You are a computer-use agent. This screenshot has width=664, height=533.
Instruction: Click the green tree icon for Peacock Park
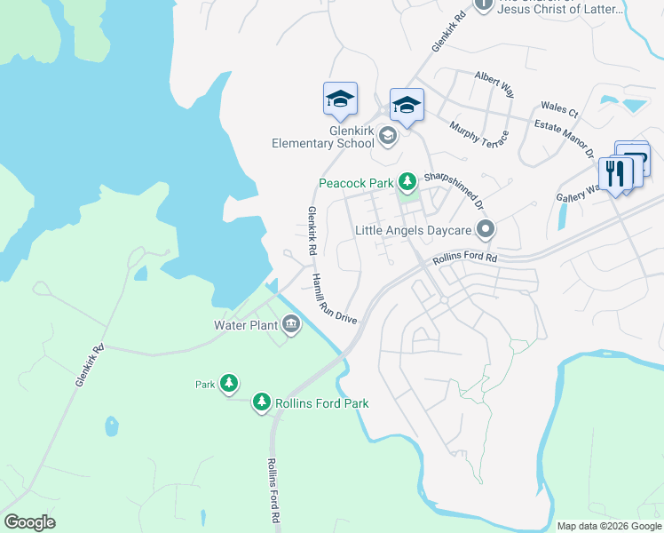point(407,183)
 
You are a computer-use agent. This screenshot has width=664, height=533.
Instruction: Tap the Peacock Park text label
point(356,184)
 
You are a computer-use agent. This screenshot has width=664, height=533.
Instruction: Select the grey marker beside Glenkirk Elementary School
point(387,136)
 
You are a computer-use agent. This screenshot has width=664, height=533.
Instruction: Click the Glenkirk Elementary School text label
point(323,136)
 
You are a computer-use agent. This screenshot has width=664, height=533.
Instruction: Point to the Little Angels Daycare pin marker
point(485,230)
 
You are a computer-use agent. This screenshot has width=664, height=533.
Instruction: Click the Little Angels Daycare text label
point(413,230)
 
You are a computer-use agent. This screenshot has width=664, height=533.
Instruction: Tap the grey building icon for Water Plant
point(291,325)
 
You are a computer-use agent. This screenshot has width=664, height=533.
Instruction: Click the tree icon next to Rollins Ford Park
point(261,403)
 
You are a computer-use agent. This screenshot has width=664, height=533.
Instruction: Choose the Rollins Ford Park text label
point(321,403)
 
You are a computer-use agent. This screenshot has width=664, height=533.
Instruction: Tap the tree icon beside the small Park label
point(229,384)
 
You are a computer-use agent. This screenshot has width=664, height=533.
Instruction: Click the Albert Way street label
point(494,84)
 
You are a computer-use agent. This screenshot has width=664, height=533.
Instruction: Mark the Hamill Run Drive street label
point(333,298)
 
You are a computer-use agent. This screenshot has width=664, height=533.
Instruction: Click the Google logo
point(29,522)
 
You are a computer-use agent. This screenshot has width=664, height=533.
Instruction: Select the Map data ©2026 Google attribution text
point(608,526)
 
